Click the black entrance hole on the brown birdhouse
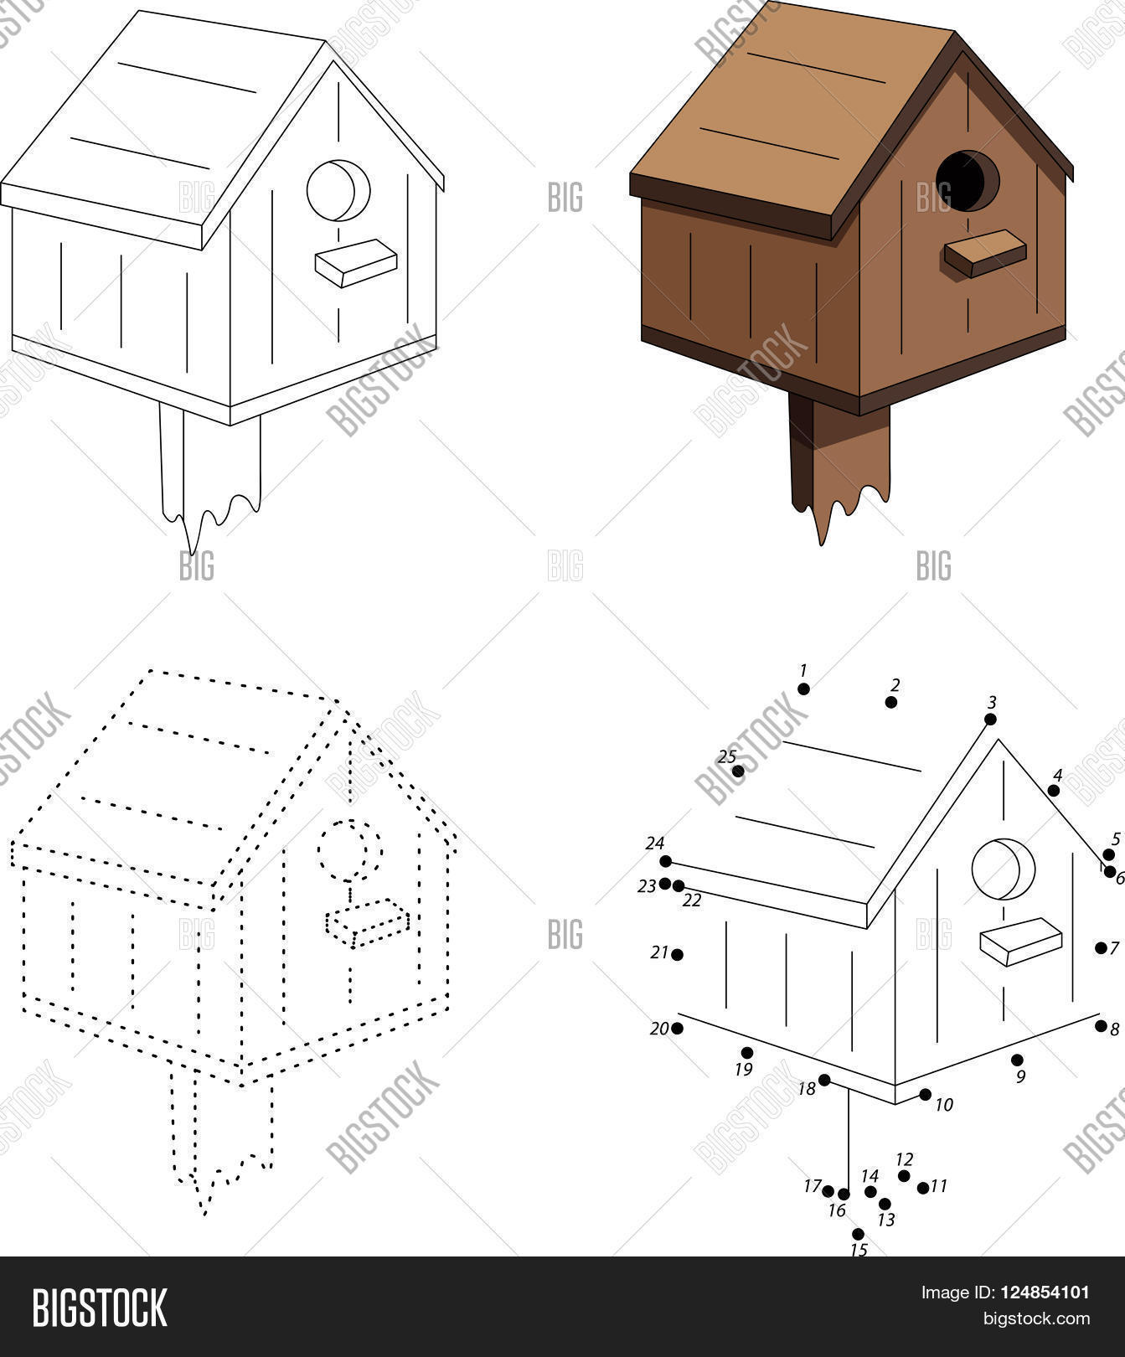[967, 181]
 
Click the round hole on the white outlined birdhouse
[338, 190]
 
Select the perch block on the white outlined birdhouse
[356, 263]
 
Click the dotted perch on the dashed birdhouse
[367, 921]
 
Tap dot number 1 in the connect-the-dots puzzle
[803, 689]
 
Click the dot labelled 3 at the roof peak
[990, 719]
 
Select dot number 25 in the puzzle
[737, 771]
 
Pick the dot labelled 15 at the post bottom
[858, 1233]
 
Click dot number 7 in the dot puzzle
[1101, 947]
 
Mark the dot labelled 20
[678, 1028]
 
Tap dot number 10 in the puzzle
[925, 1094]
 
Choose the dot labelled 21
[677, 954]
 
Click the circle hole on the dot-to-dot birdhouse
[1003, 869]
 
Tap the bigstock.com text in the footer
[1036, 1319]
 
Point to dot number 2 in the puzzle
[891, 702]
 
